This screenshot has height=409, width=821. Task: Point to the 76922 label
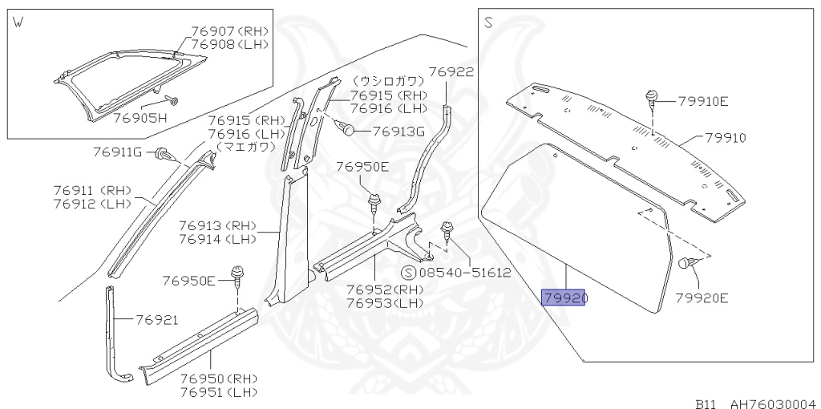(451, 72)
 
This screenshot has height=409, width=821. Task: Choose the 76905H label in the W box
(139, 117)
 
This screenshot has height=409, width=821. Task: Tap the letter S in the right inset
(488, 23)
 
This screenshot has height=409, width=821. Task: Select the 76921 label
(156, 319)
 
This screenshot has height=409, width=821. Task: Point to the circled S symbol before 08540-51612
(407, 273)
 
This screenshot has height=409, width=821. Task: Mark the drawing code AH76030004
(771, 403)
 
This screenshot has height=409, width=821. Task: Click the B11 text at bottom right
(706, 403)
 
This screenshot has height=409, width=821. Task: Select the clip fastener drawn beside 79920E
(686, 263)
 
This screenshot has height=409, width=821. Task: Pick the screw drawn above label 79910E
(652, 100)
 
